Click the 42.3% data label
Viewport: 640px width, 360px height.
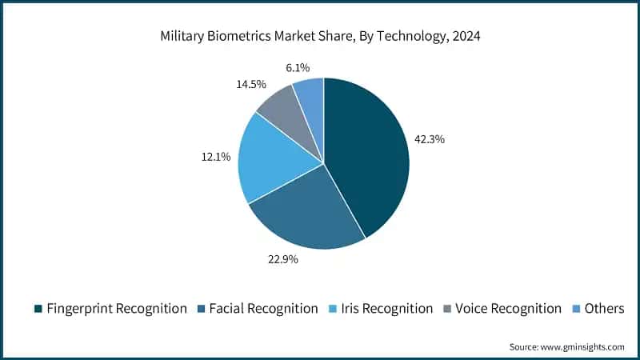point(429,139)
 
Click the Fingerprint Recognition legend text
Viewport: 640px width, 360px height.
point(117,309)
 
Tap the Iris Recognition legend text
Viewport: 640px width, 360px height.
point(386,309)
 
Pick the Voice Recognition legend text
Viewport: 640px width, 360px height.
point(508,309)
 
